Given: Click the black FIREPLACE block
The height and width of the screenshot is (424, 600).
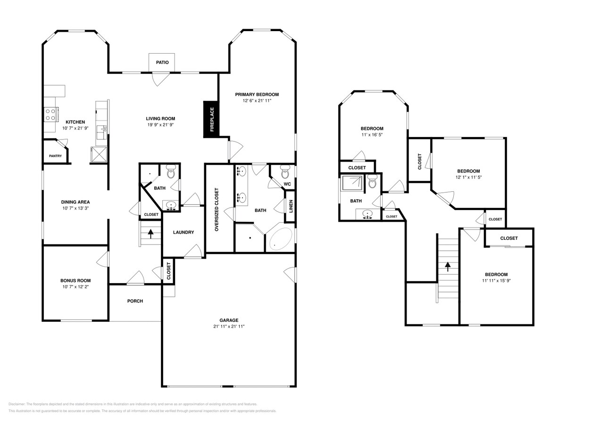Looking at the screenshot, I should (x=211, y=120).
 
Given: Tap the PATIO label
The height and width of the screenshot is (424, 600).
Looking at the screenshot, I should (x=162, y=63).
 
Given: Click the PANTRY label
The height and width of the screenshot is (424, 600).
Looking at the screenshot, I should (x=55, y=156).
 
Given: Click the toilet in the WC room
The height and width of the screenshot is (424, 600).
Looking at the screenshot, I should (x=285, y=170).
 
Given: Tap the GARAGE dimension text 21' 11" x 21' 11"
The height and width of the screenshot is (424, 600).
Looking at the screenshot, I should (x=229, y=326).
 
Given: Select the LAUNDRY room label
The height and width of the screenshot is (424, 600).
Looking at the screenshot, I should (x=183, y=232).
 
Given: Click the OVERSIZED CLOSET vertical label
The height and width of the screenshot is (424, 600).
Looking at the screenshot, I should (x=217, y=210).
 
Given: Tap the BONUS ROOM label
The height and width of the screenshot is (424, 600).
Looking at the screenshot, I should (x=75, y=281).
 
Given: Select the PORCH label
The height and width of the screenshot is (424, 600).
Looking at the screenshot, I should (x=135, y=301).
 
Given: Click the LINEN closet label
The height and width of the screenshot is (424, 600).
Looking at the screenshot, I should (x=291, y=206).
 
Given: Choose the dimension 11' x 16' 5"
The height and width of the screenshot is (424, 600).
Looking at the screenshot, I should (x=372, y=135).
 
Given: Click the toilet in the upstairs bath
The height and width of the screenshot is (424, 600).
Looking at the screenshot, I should (x=372, y=181).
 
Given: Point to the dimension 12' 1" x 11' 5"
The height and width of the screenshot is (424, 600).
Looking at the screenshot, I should (x=468, y=177).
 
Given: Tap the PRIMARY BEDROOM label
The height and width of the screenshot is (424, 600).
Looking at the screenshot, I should (x=257, y=95).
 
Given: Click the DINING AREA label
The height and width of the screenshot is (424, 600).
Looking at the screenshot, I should (x=75, y=202).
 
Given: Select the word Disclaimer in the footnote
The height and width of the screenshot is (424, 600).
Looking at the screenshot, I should (x=17, y=404).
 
